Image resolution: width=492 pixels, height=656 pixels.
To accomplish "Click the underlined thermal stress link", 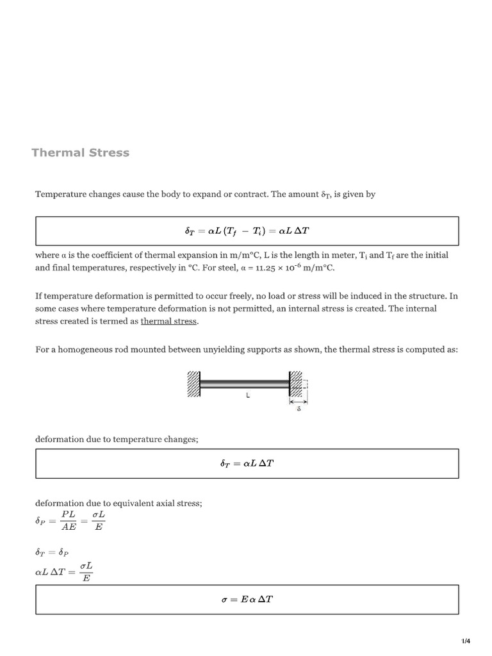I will pyautogui.click(x=169, y=321).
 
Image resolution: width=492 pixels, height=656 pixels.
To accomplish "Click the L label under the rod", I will pyautogui.click(x=247, y=397).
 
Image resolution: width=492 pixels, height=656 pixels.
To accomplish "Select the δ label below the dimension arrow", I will pyautogui.click(x=299, y=408).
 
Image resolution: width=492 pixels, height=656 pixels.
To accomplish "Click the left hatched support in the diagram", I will pyautogui.click(x=193, y=384).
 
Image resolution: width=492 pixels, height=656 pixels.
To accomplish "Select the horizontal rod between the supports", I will pyautogui.click(x=244, y=384).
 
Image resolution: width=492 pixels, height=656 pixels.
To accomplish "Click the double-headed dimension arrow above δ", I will pyautogui.click(x=299, y=402).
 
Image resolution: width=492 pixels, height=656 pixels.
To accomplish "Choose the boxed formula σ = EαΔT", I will pyautogui.click(x=247, y=600).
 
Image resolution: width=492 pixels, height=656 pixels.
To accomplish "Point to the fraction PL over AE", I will pyautogui.click(x=69, y=521).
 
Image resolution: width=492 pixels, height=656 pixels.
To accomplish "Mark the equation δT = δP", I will pyautogui.click(x=54, y=551).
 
